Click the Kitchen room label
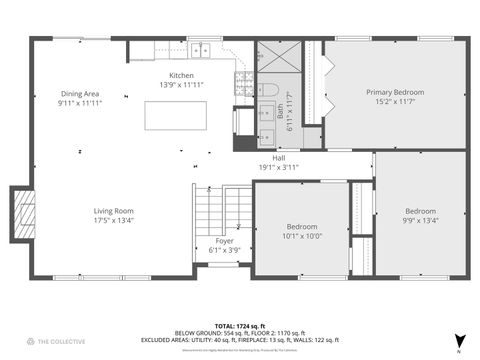click(x=181, y=76)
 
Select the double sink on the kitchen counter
click(x=203, y=47)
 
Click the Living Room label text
click(x=114, y=211)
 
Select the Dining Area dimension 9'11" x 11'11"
click(x=80, y=102)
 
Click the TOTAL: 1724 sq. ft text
click(x=240, y=326)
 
